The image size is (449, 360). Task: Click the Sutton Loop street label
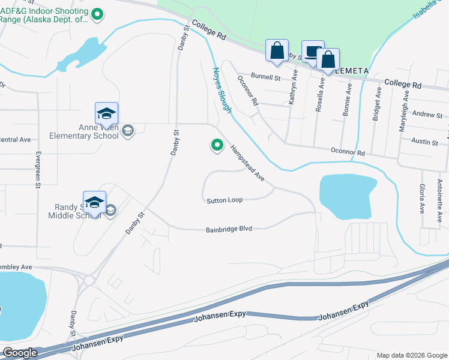click(x=224, y=200)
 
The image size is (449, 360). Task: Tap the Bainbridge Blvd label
click(x=229, y=229)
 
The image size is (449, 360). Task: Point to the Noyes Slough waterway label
click(x=221, y=90)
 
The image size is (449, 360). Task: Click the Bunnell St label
click(x=265, y=77)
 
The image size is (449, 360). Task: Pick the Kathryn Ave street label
click(x=294, y=88)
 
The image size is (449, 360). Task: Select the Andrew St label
click(x=427, y=115)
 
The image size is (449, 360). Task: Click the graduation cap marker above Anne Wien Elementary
click(x=106, y=113)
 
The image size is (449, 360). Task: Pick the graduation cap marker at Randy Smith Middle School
click(x=94, y=202)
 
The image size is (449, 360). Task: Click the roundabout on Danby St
click(x=89, y=280)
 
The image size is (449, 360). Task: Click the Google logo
click(x=19, y=353)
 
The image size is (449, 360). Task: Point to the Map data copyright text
click(x=411, y=355)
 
